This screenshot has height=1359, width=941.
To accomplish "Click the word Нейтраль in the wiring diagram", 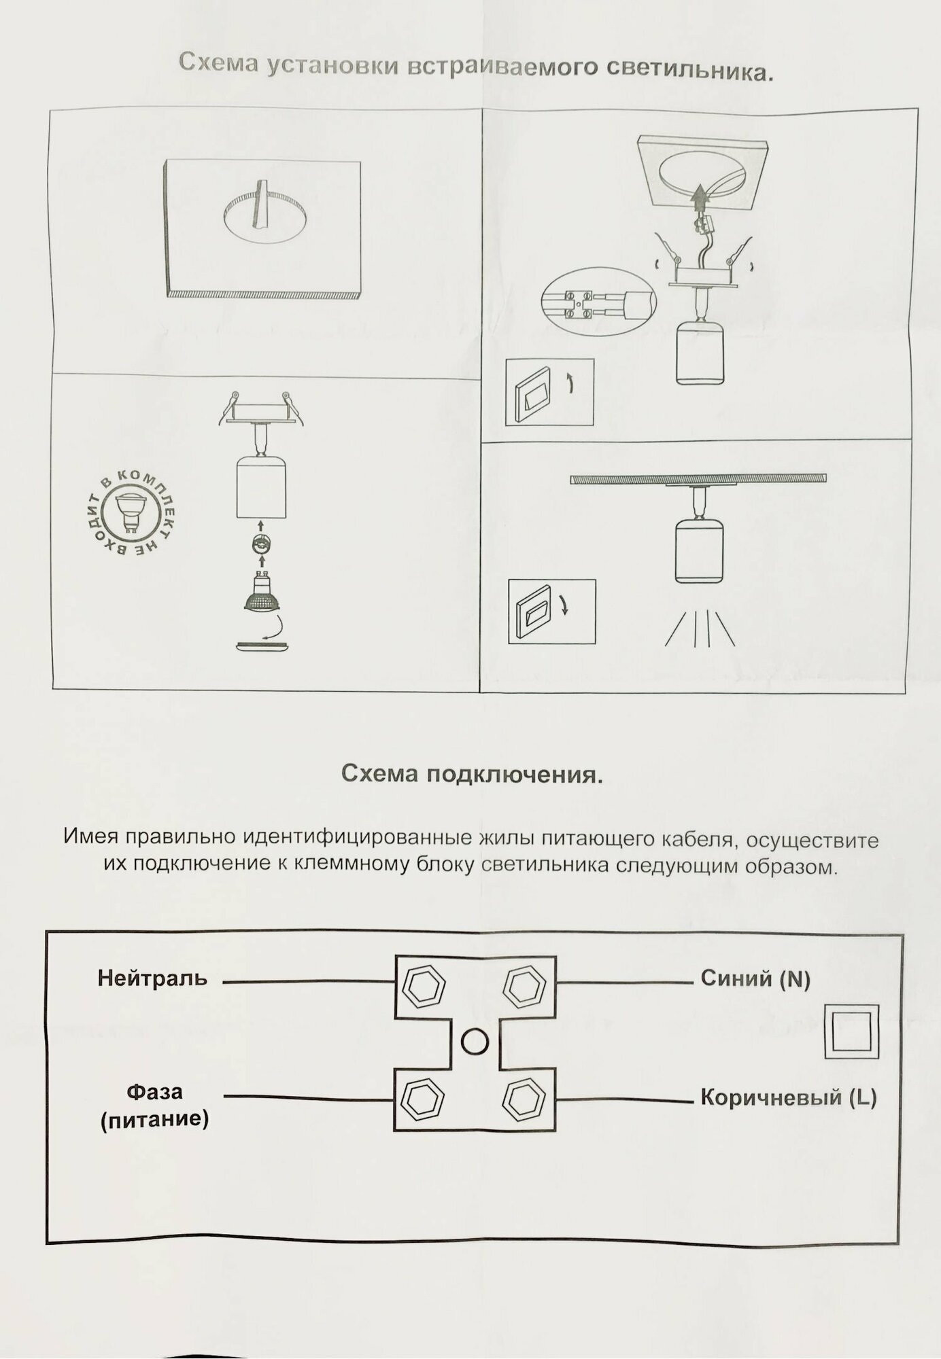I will (x=152, y=978).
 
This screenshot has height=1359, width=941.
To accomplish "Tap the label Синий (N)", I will (x=755, y=978).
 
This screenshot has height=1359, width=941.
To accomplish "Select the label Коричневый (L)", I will (x=788, y=1097).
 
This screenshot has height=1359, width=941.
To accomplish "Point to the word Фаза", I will (x=154, y=1091).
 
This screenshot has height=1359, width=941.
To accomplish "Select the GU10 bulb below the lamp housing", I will (x=262, y=593).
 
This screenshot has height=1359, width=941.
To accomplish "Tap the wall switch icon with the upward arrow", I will (x=549, y=392).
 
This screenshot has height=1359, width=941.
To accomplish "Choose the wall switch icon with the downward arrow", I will (x=551, y=611).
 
